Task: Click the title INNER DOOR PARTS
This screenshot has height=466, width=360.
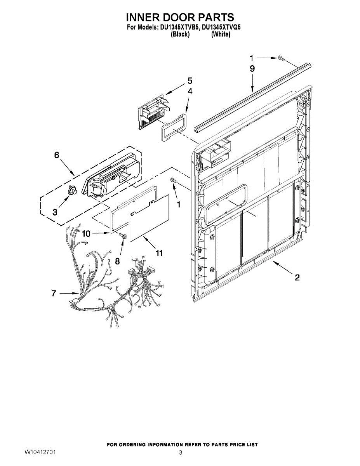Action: point(180,17)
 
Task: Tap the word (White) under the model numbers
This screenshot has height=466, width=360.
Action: point(221,34)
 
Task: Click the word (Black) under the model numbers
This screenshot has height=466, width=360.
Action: point(180,34)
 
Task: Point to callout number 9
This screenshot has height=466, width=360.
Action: point(252,69)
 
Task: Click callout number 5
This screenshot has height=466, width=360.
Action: point(190,81)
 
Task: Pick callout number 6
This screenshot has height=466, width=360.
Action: point(57,155)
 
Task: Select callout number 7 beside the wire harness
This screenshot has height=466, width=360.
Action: point(54,294)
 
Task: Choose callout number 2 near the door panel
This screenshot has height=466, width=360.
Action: point(297,277)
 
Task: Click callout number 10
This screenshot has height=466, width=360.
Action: point(86,233)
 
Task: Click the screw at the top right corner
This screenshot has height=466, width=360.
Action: point(281,58)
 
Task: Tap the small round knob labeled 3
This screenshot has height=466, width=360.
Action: point(72,190)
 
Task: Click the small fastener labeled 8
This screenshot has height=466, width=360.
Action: point(123,236)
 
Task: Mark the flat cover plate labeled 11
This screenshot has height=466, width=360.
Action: point(150,219)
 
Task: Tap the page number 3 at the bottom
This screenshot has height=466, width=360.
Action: point(180,452)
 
